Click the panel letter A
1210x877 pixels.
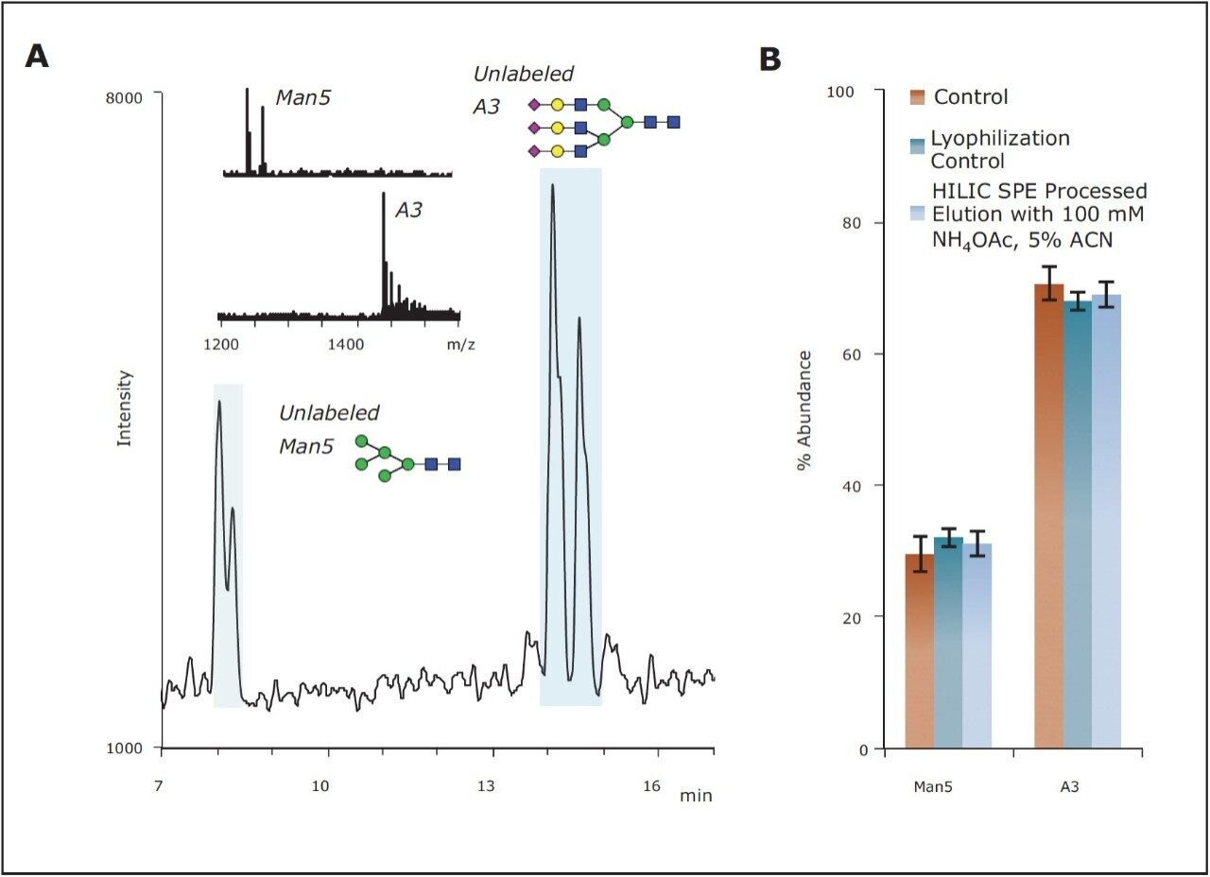coord(37,57)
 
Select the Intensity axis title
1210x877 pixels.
coord(124,408)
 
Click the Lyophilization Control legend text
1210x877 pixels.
coord(1000,149)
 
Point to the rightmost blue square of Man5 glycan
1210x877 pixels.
coord(454,464)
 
